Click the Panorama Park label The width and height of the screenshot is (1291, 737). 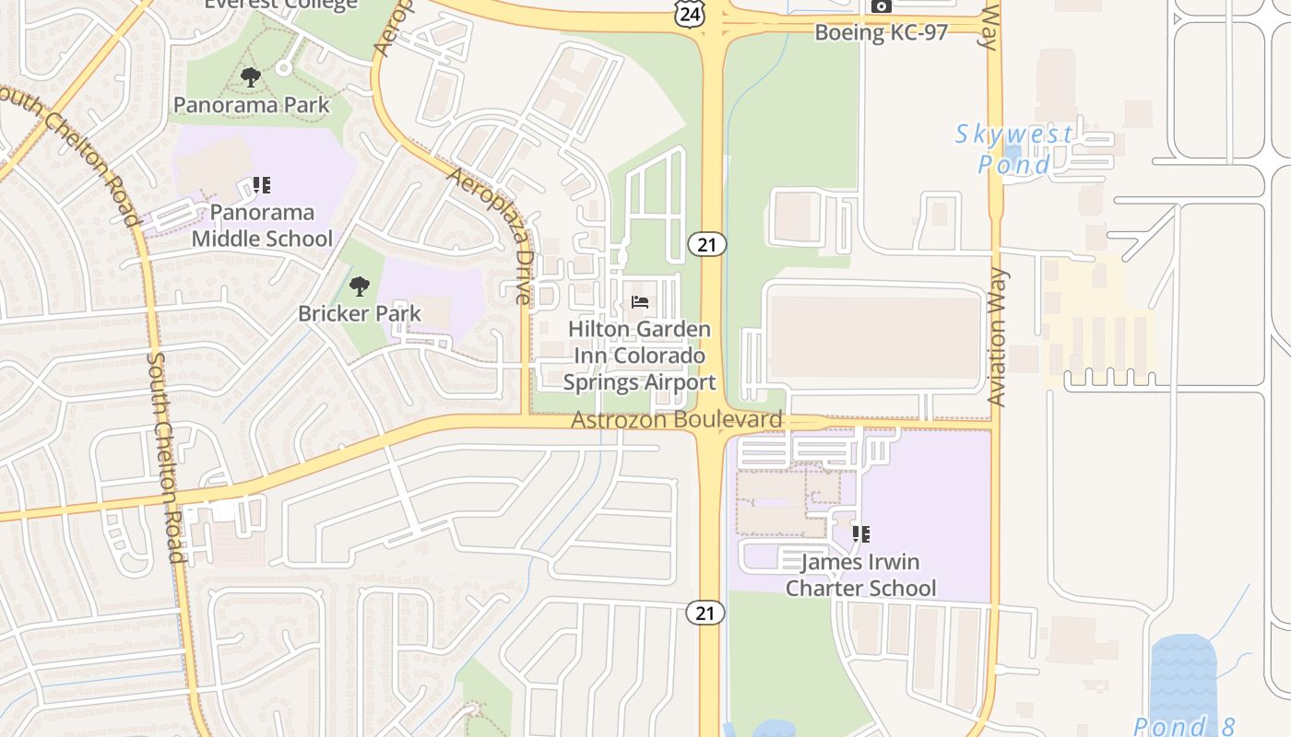point(251,105)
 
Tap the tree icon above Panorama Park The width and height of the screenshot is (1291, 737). point(250,77)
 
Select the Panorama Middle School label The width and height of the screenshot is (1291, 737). point(262,226)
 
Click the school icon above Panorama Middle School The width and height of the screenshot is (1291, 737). point(262,185)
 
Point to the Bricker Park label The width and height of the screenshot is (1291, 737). point(359,313)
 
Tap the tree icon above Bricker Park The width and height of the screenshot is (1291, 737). point(359,286)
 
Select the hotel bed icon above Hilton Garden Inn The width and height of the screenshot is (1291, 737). point(640,302)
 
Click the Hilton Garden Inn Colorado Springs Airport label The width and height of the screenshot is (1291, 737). point(639,356)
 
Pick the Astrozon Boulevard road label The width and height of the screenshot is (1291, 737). point(677,420)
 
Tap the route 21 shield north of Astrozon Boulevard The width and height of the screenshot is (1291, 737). point(706,244)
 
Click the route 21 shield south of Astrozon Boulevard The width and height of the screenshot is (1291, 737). point(705,613)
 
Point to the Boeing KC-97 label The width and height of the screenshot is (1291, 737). point(881,33)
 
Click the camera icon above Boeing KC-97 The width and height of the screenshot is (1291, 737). point(882,6)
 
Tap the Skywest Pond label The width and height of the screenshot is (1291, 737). point(1014,149)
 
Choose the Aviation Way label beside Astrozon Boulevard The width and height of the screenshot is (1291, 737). point(997,337)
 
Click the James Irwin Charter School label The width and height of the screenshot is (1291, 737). point(860,575)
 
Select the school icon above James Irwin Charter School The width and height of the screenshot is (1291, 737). point(860,533)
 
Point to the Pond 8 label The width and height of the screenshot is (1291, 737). point(1184,726)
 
